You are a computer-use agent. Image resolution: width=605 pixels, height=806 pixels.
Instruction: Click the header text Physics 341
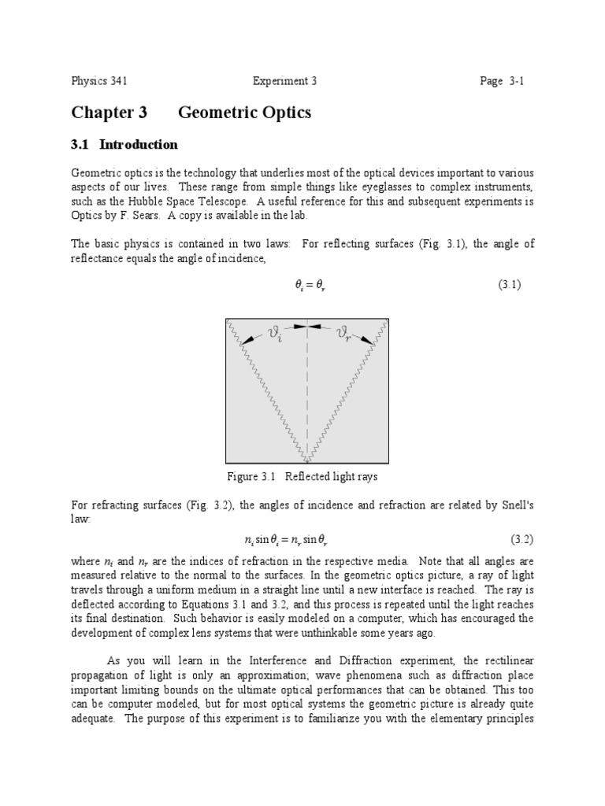(99, 81)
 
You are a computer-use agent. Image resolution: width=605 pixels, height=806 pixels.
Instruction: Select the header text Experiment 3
(284, 81)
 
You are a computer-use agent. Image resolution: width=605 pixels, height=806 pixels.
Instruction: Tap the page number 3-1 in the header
(503, 81)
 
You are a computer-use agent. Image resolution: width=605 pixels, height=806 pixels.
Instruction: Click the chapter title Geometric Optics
(244, 113)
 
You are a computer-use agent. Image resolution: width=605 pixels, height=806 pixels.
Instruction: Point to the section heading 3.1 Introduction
(124, 145)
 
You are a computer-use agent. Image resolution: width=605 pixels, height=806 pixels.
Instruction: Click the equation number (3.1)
(509, 285)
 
